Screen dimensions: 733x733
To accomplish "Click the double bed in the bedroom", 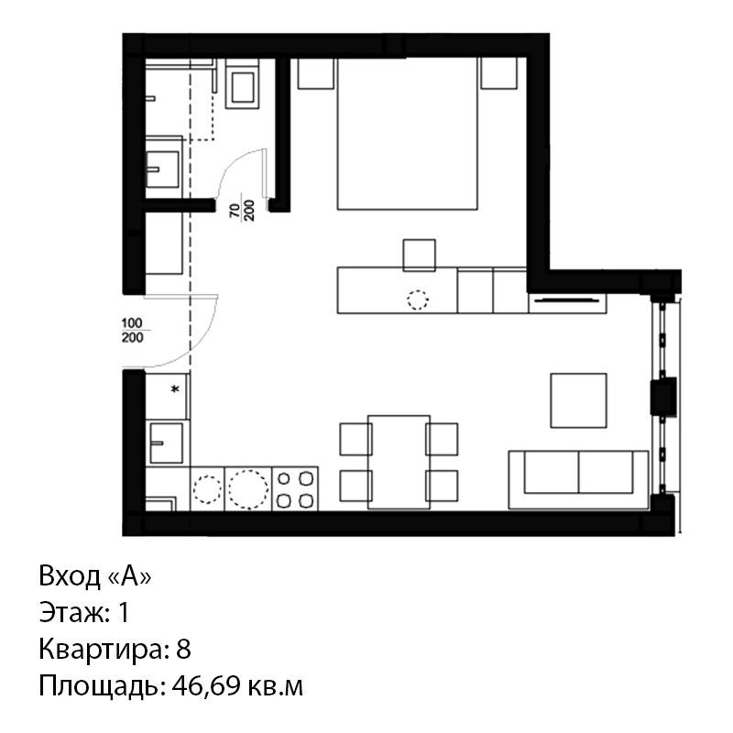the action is click(407, 134).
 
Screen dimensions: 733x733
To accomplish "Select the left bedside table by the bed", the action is click(316, 73).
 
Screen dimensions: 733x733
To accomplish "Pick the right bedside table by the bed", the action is click(498, 73).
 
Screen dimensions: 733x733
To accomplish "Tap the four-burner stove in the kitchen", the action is click(295, 488).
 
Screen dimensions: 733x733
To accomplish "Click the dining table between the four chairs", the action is click(399, 462).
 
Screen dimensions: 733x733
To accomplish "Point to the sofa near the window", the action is click(579, 479).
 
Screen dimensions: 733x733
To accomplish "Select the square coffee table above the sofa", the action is click(579, 400).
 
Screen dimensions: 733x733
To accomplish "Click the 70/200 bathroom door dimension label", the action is click(242, 210).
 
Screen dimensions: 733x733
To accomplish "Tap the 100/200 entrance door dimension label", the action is click(132, 330).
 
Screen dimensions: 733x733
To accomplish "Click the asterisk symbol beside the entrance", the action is click(176, 388).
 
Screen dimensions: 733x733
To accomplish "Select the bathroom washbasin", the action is click(162, 170).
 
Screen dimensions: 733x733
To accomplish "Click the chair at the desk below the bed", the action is click(420, 256).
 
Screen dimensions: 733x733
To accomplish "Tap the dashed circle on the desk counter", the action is click(418, 300).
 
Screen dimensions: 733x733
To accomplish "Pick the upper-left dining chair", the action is click(356, 439).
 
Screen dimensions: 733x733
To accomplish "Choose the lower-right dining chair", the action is click(442, 486).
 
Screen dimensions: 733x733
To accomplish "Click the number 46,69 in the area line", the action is click(206, 686).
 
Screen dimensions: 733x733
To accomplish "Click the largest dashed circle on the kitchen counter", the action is click(248, 489).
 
